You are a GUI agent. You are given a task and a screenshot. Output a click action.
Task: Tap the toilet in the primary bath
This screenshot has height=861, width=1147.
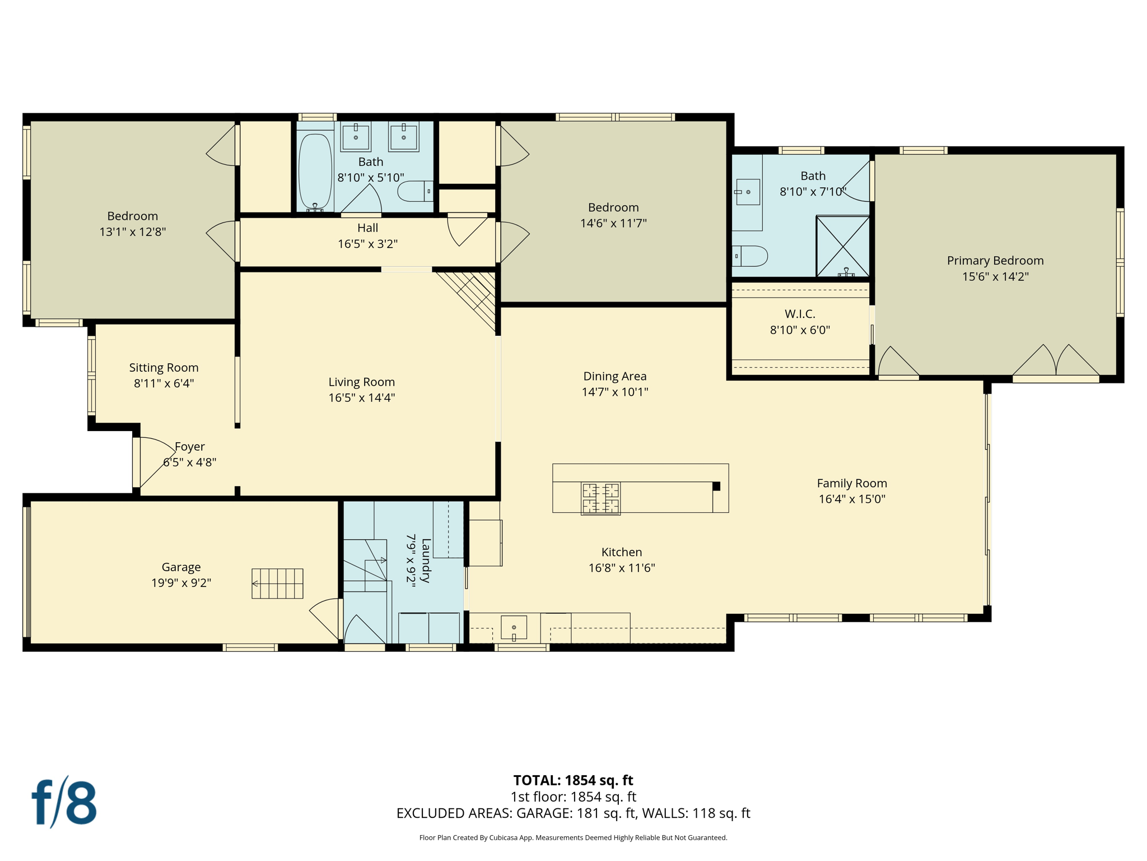coord(750,256)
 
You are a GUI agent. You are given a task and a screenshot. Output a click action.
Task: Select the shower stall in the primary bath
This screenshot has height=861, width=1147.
coord(842,246)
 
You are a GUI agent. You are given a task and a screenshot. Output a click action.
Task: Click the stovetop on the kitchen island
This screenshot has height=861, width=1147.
coord(600,498)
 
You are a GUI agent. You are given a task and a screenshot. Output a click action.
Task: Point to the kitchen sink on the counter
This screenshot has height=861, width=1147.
coord(514,628)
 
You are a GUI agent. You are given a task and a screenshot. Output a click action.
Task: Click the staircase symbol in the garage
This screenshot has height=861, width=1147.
coord(278,584)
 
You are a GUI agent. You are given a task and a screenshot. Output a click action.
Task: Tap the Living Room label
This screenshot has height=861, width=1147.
coord(361,382)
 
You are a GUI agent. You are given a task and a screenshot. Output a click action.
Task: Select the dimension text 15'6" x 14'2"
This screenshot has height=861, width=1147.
coord(995,276)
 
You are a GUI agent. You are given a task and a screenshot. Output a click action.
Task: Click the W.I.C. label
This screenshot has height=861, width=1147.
coord(800,314)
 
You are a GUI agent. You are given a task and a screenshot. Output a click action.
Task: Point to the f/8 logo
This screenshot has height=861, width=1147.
coord(64,803)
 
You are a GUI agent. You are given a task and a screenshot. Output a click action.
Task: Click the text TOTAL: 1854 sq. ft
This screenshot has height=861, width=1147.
coord(573,780)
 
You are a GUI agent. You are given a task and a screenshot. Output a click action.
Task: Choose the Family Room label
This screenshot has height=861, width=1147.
coord(852,483)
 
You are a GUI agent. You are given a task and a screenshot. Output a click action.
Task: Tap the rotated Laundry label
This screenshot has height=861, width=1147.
coord(426,561)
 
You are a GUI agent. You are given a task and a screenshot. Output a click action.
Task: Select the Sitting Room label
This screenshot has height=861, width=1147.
coord(164,368)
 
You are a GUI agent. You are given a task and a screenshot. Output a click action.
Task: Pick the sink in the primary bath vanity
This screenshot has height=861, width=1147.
coord(748,192)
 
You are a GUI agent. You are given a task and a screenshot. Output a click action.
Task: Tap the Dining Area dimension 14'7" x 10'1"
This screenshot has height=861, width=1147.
coord(615,392)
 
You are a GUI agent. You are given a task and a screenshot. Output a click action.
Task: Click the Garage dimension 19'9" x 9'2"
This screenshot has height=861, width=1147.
coord(181,583)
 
